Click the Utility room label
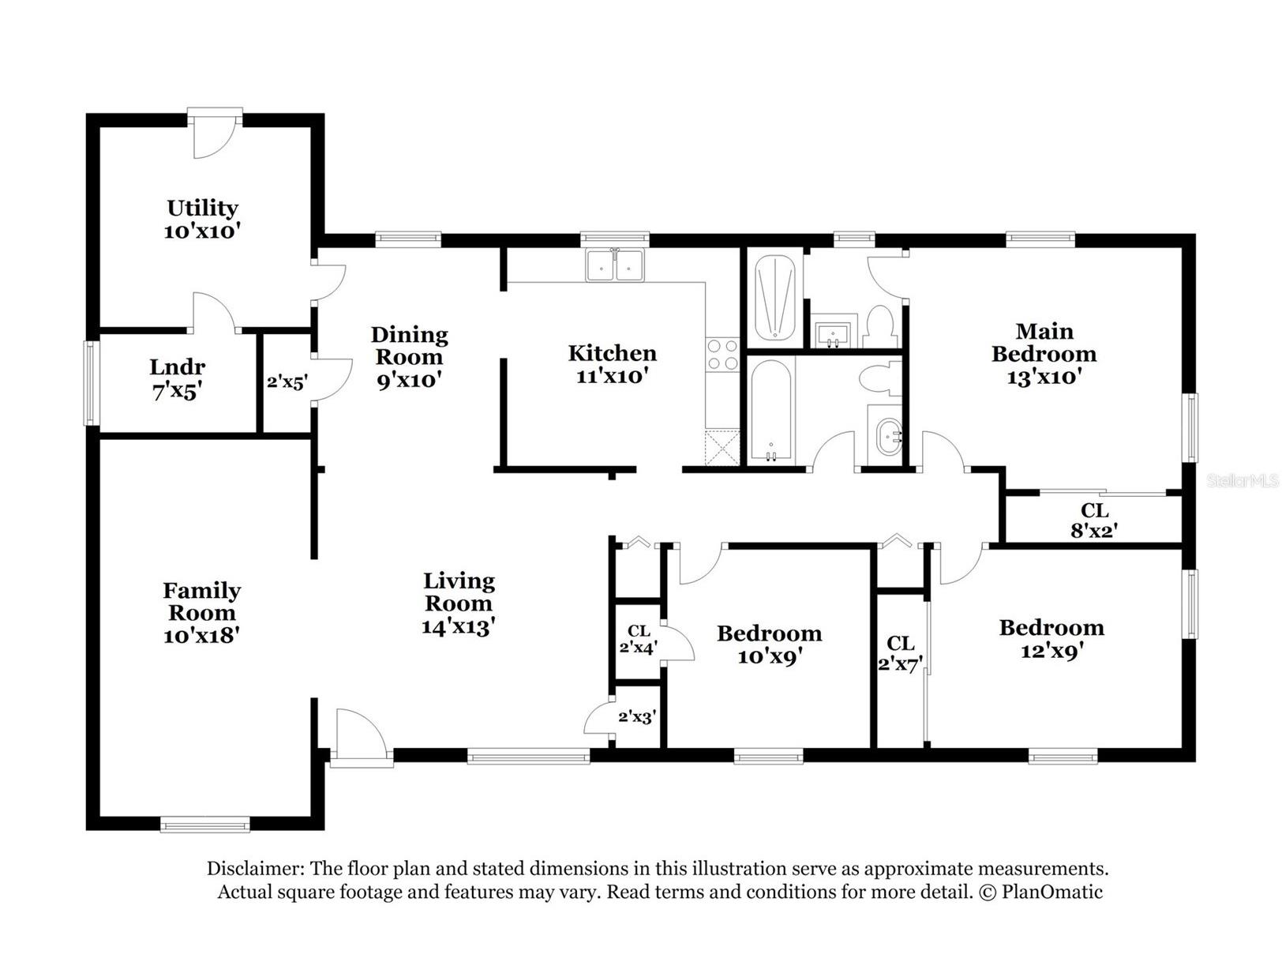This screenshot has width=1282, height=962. [202, 220]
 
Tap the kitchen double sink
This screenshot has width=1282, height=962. [614, 265]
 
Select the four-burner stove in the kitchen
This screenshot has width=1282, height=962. [722, 355]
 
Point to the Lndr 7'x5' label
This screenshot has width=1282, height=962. [177, 379]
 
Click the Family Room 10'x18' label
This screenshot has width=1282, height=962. [201, 613]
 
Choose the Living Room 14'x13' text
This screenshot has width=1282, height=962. [459, 603]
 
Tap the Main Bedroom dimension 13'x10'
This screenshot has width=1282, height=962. [1043, 377]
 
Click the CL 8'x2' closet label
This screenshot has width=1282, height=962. [1094, 520]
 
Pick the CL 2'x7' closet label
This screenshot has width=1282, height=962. [900, 654]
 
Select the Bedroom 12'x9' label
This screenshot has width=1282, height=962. [1051, 639]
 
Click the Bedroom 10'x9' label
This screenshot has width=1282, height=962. [769, 644]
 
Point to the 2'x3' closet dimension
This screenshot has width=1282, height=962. [637, 716]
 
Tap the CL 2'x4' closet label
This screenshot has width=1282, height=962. [639, 639]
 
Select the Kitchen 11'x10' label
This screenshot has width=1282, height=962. [612, 364]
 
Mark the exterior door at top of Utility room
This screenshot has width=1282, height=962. [215, 133]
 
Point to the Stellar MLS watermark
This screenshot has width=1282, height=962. [1242, 481]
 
